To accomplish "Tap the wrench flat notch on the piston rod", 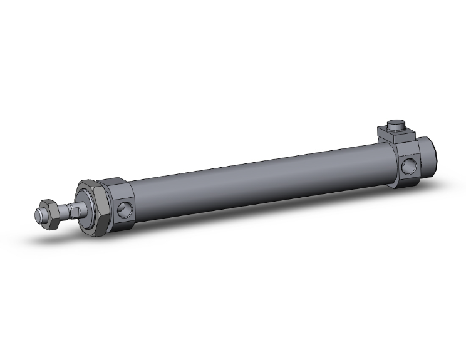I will pos(74,211).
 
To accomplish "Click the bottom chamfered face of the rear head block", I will pos(407,183).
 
